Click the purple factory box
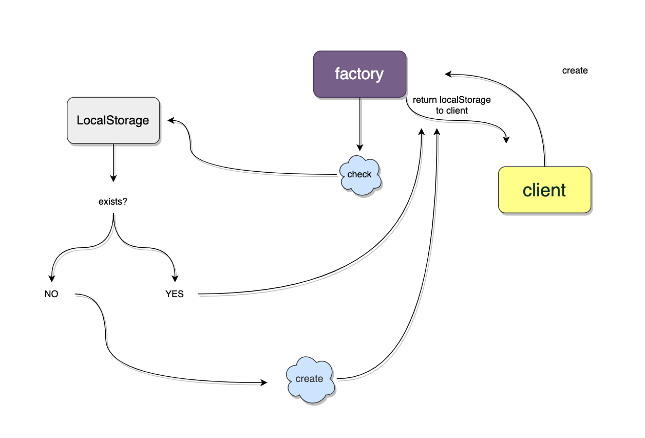click(x=359, y=74)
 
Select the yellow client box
click(x=544, y=190)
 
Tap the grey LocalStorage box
click(x=113, y=120)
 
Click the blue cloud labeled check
click(x=360, y=175)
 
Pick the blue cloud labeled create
click(x=310, y=379)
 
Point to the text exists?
click(x=113, y=202)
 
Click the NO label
click(x=51, y=294)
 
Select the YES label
click(x=175, y=294)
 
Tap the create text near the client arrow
click(x=575, y=70)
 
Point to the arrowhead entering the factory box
click(x=448, y=74)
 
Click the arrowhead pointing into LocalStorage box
click(x=171, y=120)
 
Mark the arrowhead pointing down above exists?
click(x=113, y=178)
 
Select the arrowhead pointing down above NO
click(x=51, y=278)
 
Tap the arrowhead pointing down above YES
click(x=175, y=278)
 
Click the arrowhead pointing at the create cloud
click(x=264, y=382)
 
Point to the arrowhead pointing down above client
click(x=507, y=139)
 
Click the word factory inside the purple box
click(x=359, y=74)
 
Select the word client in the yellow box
click(x=544, y=190)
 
